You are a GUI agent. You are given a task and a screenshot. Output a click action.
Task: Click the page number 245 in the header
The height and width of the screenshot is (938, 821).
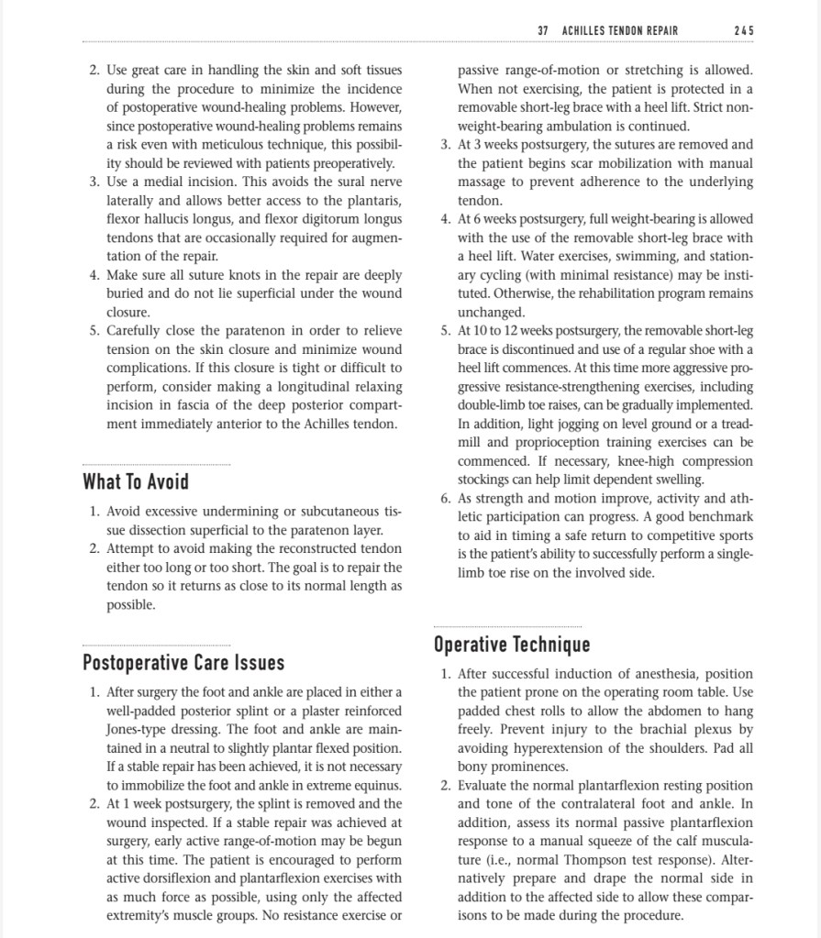point(744,30)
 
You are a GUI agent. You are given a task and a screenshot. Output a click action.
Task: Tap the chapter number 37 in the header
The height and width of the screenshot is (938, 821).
point(542,30)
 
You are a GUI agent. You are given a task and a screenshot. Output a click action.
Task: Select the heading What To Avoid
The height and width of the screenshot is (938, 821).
point(136,481)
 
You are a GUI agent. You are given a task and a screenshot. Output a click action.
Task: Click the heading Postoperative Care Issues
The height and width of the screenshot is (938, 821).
point(183,662)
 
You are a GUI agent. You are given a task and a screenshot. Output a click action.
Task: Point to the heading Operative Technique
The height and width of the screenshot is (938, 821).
point(511,645)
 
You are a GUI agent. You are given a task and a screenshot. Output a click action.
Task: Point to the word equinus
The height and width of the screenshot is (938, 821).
point(377,785)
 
